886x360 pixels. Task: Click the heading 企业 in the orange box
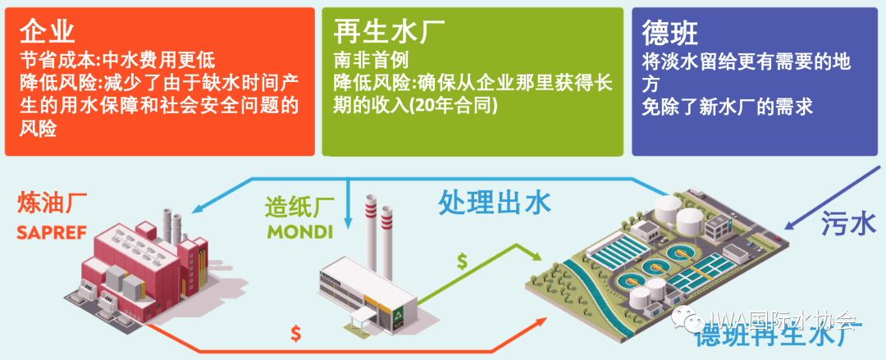(47, 32)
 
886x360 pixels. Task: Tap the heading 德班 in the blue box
(670, 32)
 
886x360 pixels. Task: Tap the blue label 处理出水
(495, 201)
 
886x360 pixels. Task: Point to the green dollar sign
(463, 262)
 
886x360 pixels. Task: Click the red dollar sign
(295, 332)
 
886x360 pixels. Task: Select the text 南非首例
(371, 61)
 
